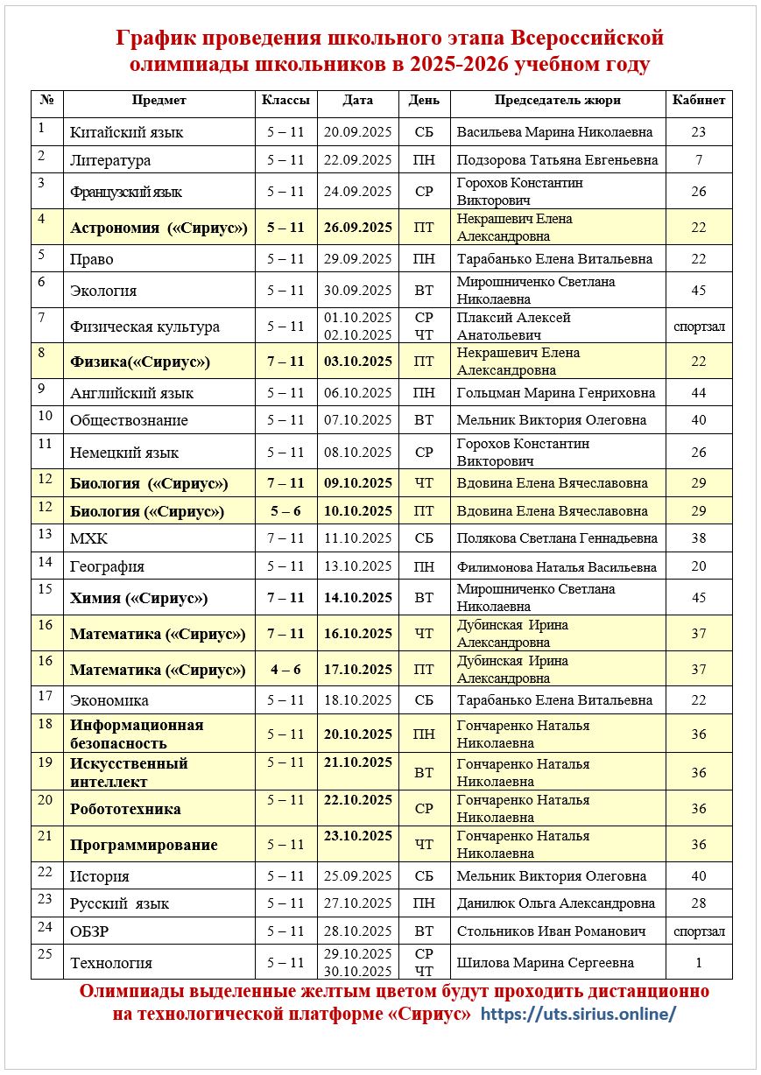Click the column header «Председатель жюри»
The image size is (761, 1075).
click(557, 101)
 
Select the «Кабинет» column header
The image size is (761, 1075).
click(698, 101)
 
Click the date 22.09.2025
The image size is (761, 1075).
click(357, 160)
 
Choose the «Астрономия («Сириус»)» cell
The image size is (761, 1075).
click(159, 228)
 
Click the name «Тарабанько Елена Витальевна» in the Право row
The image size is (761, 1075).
click(554, 259)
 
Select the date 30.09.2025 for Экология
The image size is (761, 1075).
click(357, 291)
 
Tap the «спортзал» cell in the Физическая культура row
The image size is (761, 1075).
click(699, 327)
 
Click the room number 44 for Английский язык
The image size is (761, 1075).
click(698, 393)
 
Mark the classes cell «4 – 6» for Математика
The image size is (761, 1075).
click(285, 670)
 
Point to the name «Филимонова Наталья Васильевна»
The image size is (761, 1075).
click(556, 566)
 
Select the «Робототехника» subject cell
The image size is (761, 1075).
click(125, 809)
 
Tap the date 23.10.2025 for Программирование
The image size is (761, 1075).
click(357, 836)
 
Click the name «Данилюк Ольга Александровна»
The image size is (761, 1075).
click(556, 903)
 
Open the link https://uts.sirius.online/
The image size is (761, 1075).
click(579, 1015)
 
